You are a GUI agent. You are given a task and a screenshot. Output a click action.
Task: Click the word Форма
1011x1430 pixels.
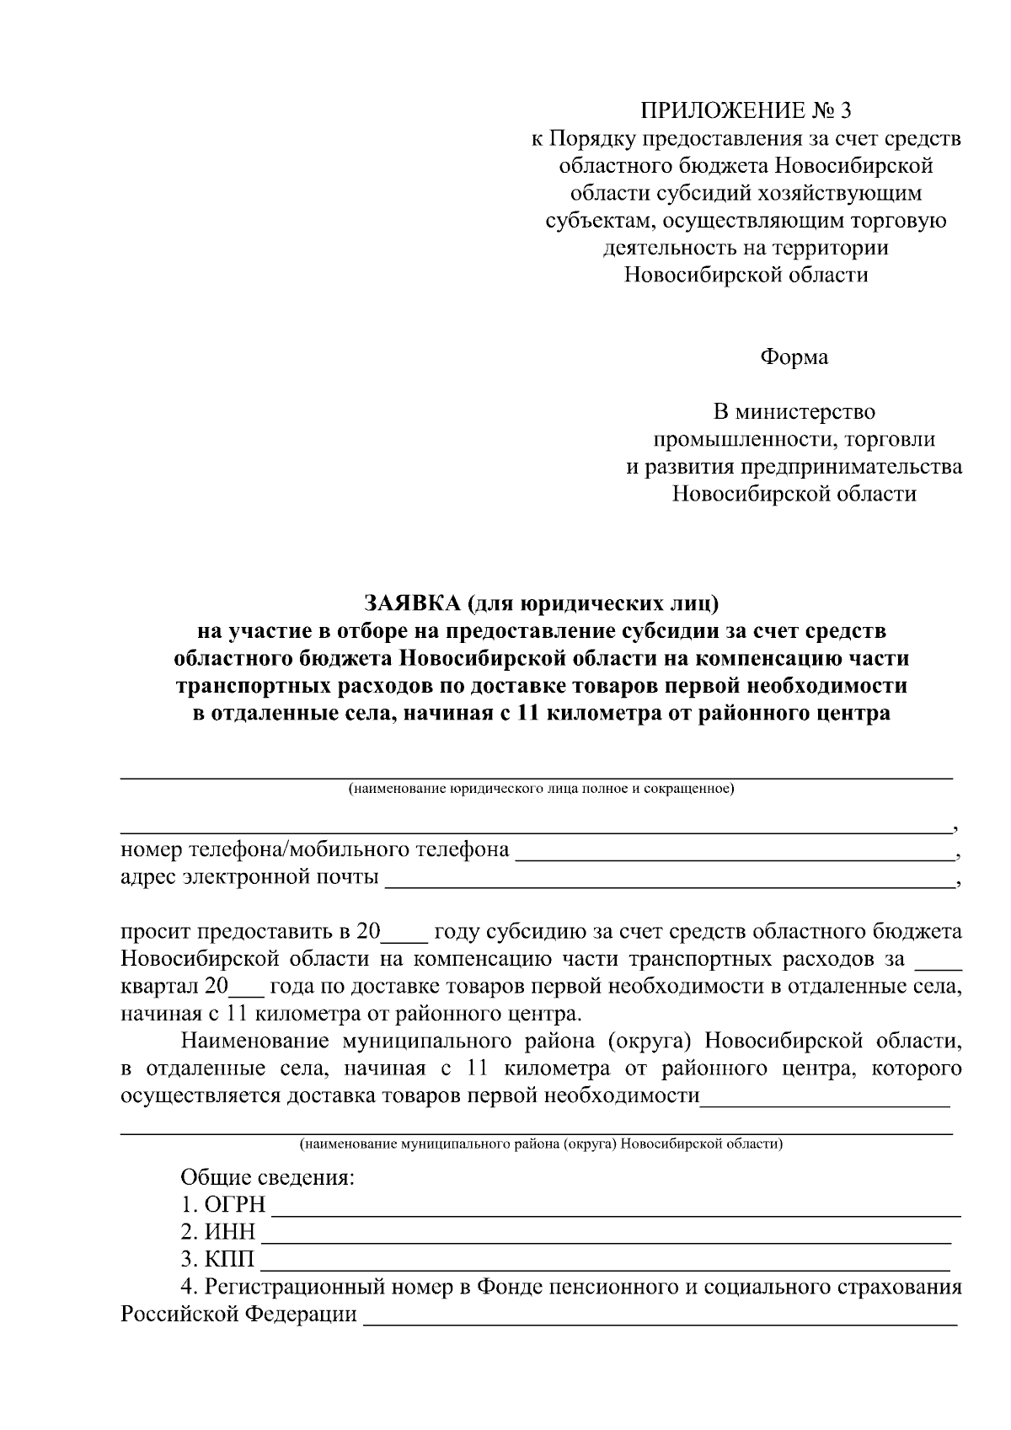click(794, 357)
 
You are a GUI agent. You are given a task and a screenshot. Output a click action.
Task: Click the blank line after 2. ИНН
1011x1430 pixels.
click(607, 1237)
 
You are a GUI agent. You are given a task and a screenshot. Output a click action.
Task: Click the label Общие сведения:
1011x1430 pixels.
click(267, 1177)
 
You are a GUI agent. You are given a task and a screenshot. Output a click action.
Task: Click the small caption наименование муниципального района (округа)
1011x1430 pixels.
click(541, 1144)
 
